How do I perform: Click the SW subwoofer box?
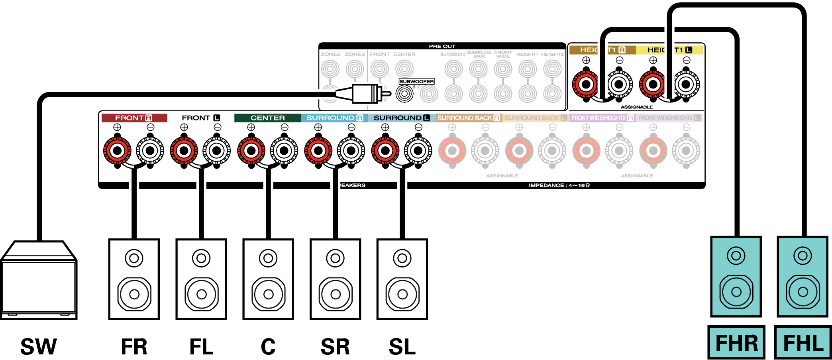coord(39,281)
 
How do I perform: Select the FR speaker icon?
coord(134,279)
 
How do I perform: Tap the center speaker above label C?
coord(268,279)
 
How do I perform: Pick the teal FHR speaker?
coord(736,276)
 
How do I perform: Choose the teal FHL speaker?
coord(803,276)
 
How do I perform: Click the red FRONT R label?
coord(134,118)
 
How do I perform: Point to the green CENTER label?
coord(268,118)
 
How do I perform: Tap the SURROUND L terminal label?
coord(401,118)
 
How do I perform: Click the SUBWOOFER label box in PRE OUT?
coord(416,81)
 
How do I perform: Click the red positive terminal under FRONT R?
coord(117,151)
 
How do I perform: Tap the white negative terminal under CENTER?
coord(284,151)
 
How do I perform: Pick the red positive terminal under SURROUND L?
coord(385,151)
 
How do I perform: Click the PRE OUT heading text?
coord(442,46)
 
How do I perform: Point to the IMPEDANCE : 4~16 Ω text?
coord(559,185)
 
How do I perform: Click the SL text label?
coord(402,346)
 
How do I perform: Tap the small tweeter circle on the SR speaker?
coord(335,258)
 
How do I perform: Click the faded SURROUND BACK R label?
coord(468,118)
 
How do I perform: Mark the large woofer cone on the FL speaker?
coord(201,294)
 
